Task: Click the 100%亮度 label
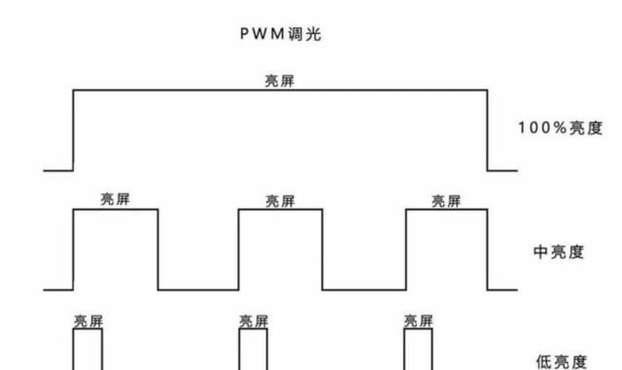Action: tap(560, 128)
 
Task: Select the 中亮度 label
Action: tap(559, 252)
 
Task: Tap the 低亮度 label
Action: tap(562, 361)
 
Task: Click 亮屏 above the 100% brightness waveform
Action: tap(280, 81)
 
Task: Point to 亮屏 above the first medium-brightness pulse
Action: tap(116, 199)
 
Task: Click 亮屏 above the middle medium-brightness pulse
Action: tap(281, 201)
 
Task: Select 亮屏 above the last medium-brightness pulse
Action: tap(446, 201)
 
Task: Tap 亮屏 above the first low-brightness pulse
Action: tap(87, 320)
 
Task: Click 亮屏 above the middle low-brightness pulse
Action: tap(254, 320)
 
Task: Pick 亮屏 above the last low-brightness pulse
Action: tap(419, 320)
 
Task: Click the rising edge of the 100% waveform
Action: tap(73, 130)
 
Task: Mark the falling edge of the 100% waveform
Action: tap(487, 130)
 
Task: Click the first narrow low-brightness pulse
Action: tap(87, 350)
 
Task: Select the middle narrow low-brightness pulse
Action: tap(254, 350)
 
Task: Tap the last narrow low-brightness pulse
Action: tap(419, 350)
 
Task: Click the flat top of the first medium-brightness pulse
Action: tap(116, 211)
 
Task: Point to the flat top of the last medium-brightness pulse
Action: tap(446, 211)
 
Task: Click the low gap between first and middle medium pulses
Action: tap(198, 288)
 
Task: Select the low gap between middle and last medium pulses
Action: tap(363, 288)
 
